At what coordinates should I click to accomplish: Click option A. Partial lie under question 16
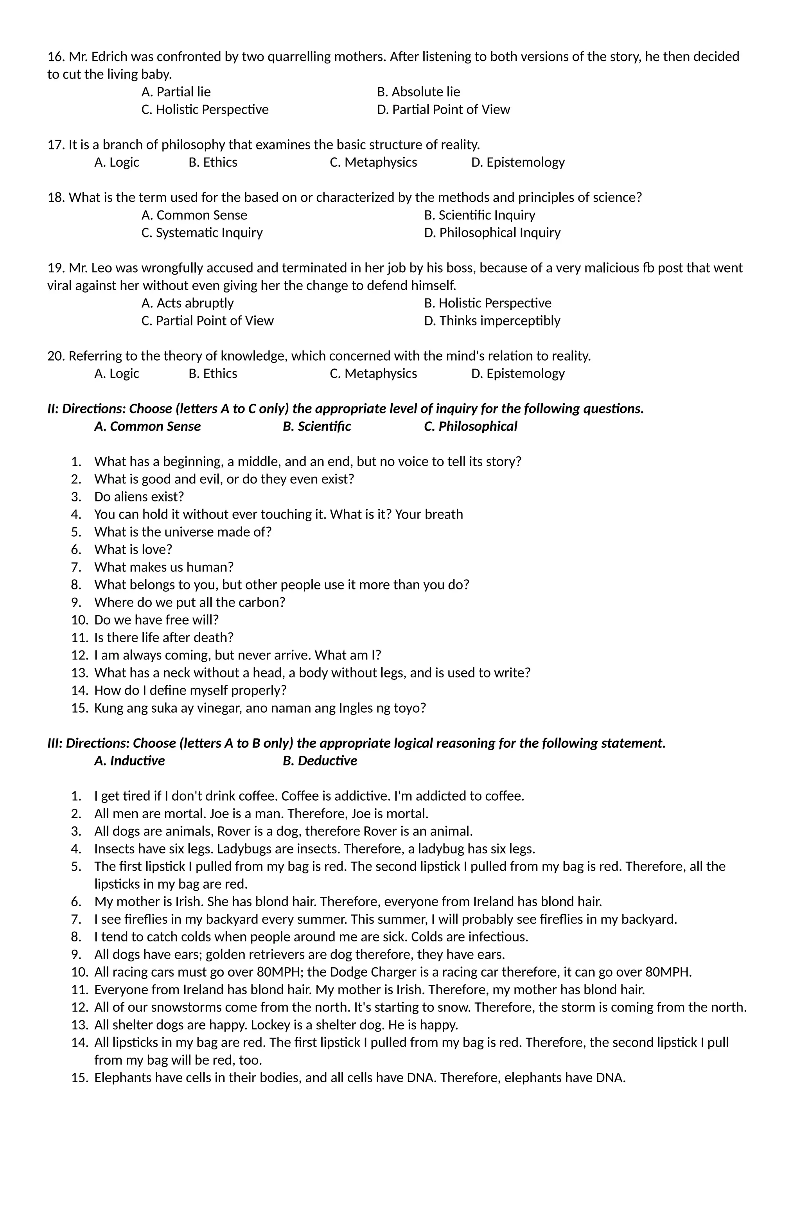176,92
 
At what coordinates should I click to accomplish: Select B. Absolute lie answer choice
418,92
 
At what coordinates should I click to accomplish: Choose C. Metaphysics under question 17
373,163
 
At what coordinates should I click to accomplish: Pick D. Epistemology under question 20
517,374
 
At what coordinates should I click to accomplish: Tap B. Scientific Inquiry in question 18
479,215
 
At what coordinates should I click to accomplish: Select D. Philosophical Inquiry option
492,233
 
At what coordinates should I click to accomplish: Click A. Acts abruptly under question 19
187,303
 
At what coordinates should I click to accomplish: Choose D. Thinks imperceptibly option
492,321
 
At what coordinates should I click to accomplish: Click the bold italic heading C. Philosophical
470,427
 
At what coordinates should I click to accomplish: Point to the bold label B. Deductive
319,761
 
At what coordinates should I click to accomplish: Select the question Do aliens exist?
139,497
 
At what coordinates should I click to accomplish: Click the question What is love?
133,550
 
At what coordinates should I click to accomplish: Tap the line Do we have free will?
156,620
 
